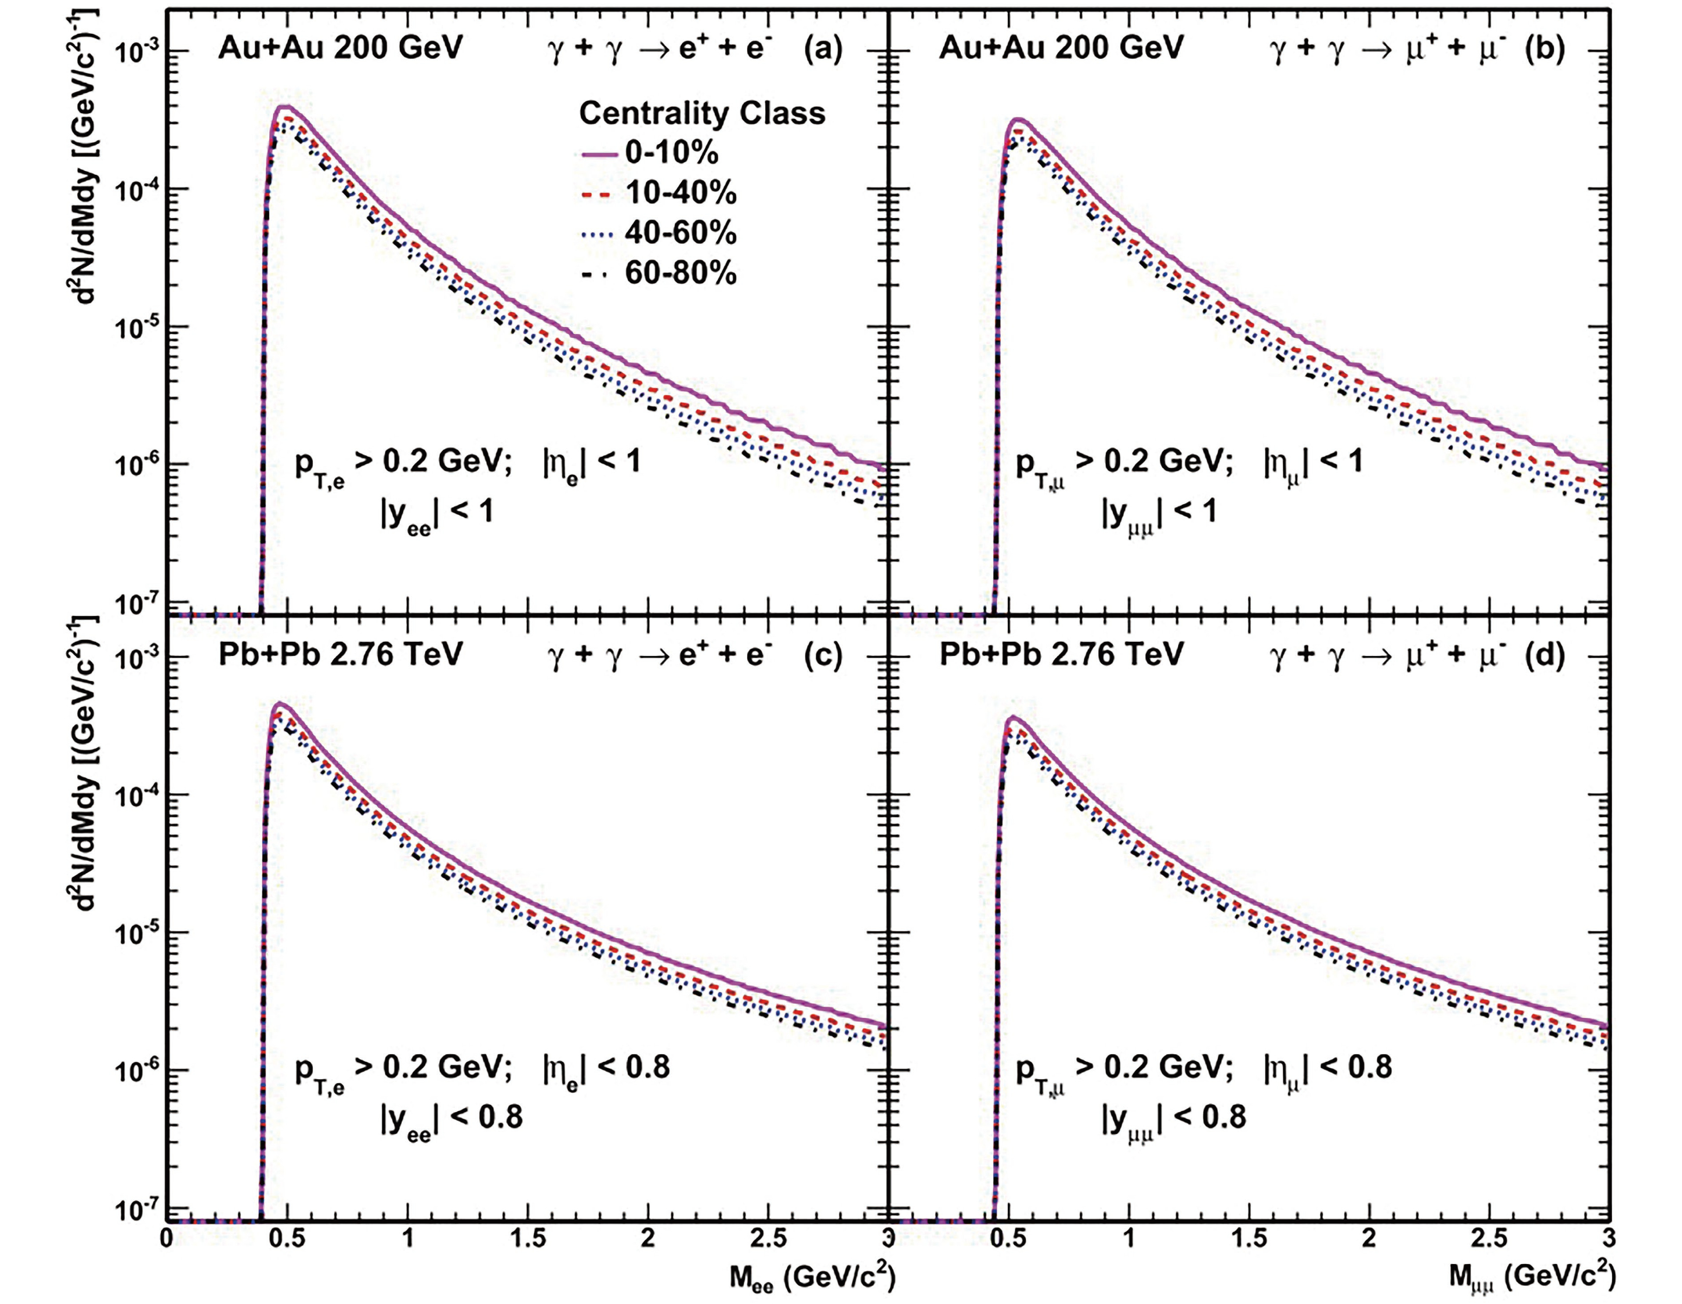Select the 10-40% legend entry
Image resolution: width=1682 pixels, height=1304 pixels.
[680, 193]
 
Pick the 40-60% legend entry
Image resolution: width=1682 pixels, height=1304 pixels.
[680, 233]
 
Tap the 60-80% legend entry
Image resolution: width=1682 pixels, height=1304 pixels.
[680, 273]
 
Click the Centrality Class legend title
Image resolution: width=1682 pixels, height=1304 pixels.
[702, 113]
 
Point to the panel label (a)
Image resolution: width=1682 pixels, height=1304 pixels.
[822, 49]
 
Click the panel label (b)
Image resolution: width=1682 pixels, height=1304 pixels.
[1544, 49]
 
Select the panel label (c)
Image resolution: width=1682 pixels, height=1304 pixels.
[822, 655]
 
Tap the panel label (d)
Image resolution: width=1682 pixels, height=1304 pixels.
[1544, 655]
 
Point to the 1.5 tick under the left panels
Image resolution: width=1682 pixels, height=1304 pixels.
[528, 1239]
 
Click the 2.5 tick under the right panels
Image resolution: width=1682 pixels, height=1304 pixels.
[1489, 1239]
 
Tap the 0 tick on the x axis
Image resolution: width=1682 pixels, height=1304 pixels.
[167, 1239]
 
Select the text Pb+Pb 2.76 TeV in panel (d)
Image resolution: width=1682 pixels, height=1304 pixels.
[1060, 655]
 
